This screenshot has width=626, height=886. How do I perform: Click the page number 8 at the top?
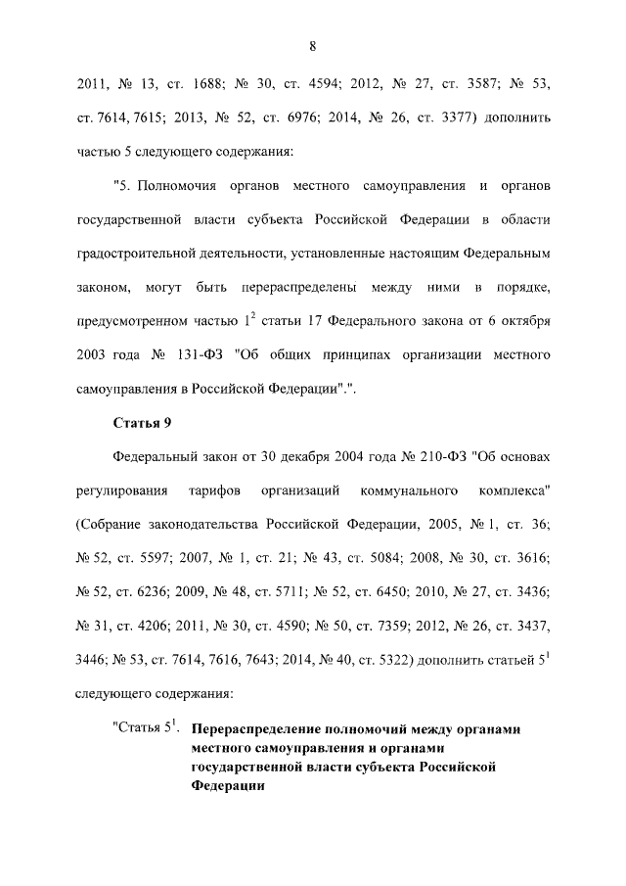click(x=313, y=46)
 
